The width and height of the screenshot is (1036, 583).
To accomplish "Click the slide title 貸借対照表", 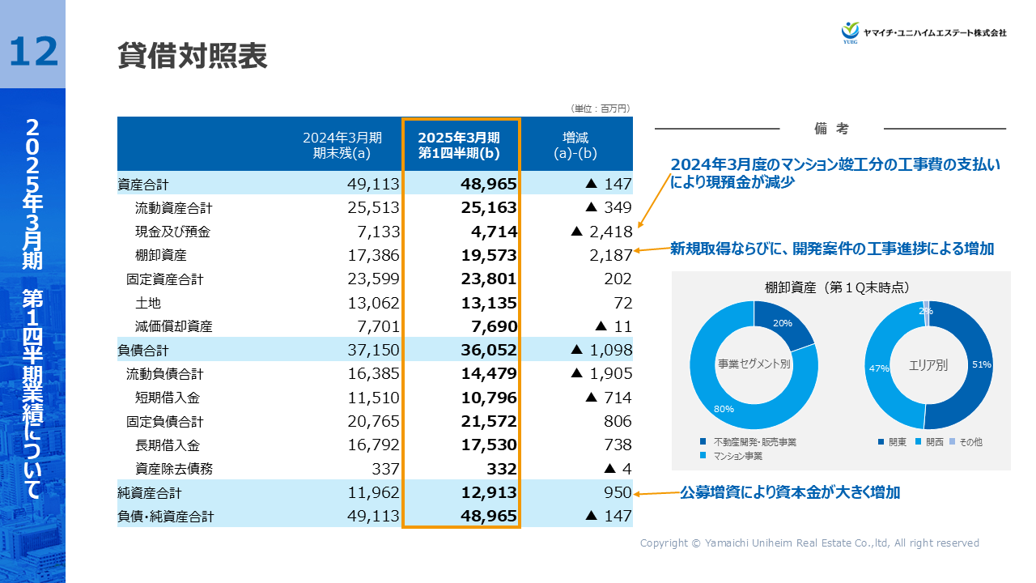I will click(x=192, y=56).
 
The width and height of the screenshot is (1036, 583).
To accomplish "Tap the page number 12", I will click(x=33, y=51).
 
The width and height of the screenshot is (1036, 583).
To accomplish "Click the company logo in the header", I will click(x=923, y=32).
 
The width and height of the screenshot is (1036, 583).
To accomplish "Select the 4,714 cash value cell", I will click(x=494, y=232).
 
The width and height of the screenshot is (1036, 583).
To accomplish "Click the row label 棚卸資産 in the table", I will click(x=161, y=256).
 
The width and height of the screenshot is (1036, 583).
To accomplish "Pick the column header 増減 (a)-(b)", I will click(x=575, y=145).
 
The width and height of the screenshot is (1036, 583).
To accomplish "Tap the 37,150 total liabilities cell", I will click(x=373, y=351).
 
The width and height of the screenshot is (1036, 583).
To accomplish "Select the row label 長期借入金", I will click(x=167, y=445).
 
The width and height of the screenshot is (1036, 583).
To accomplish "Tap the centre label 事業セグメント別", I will click(x=754, y=364).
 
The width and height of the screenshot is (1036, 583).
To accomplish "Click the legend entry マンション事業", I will click(x=737, y=457).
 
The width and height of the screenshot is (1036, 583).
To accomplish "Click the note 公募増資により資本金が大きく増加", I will click(x=790, y=492).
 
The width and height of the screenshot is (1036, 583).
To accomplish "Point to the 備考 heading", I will click(x=831, y=129).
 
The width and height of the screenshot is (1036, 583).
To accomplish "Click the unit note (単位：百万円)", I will click(x=600, y=108).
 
